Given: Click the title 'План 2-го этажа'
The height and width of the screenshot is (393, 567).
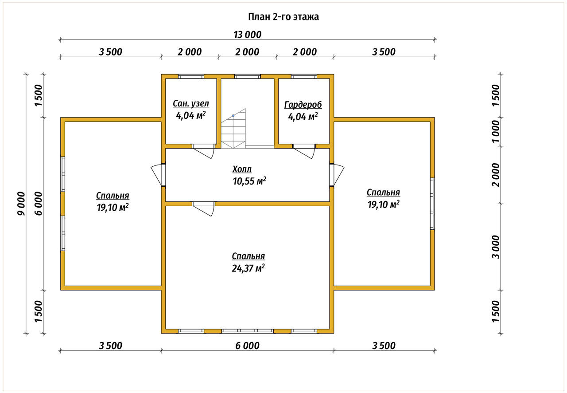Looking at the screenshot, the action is (x=283, y=17).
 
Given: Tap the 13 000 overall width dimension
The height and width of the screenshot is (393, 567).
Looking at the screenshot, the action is (x=247, y=35).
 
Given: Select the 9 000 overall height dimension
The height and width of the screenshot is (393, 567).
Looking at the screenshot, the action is (x=22, y=204).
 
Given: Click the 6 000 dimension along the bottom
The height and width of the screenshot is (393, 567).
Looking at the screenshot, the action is (x=247, y=346).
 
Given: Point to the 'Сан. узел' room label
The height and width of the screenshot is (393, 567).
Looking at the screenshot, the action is (x=191, y=103).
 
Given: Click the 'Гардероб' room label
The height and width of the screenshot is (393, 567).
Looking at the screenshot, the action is (x=303, y=105).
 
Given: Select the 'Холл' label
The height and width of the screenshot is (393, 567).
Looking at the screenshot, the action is (x=242, y=169).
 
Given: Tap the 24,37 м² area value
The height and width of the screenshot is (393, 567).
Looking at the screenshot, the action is (x=249, y=268).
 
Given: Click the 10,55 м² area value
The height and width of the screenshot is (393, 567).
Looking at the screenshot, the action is (x=249, y=181).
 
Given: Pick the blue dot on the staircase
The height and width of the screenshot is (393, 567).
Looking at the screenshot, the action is (x=233, y=116).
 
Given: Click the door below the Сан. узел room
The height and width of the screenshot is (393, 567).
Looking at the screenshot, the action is (x=203, y=151).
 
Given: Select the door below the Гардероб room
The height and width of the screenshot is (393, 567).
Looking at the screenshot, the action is (x=304, y=151).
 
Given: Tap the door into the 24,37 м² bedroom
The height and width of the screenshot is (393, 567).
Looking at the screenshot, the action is (x=203, y=209).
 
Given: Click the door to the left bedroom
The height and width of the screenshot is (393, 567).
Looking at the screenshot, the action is (x=158, y=175).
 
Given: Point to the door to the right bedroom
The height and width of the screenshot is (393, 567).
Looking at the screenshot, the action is (x=337, y=175).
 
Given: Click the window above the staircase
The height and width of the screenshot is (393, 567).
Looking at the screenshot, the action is (x=247, y=76).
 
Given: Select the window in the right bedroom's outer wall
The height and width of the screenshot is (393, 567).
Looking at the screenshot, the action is (x=432, y=204).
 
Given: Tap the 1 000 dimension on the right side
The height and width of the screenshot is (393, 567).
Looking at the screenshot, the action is (x=496, y=131).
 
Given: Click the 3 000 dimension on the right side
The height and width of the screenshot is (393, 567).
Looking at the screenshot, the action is (x=496, y=247).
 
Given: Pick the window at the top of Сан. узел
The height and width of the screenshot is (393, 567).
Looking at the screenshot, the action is (x=191, y=76).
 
